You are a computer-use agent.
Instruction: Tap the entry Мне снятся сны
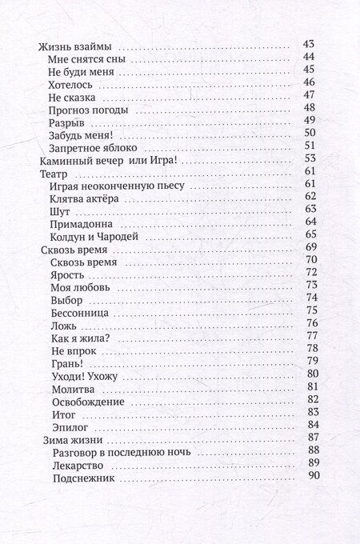[x=86, y=58]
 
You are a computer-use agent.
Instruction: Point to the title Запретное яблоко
[x=94, y=147]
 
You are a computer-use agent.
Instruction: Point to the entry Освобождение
[x=88, y=400]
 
